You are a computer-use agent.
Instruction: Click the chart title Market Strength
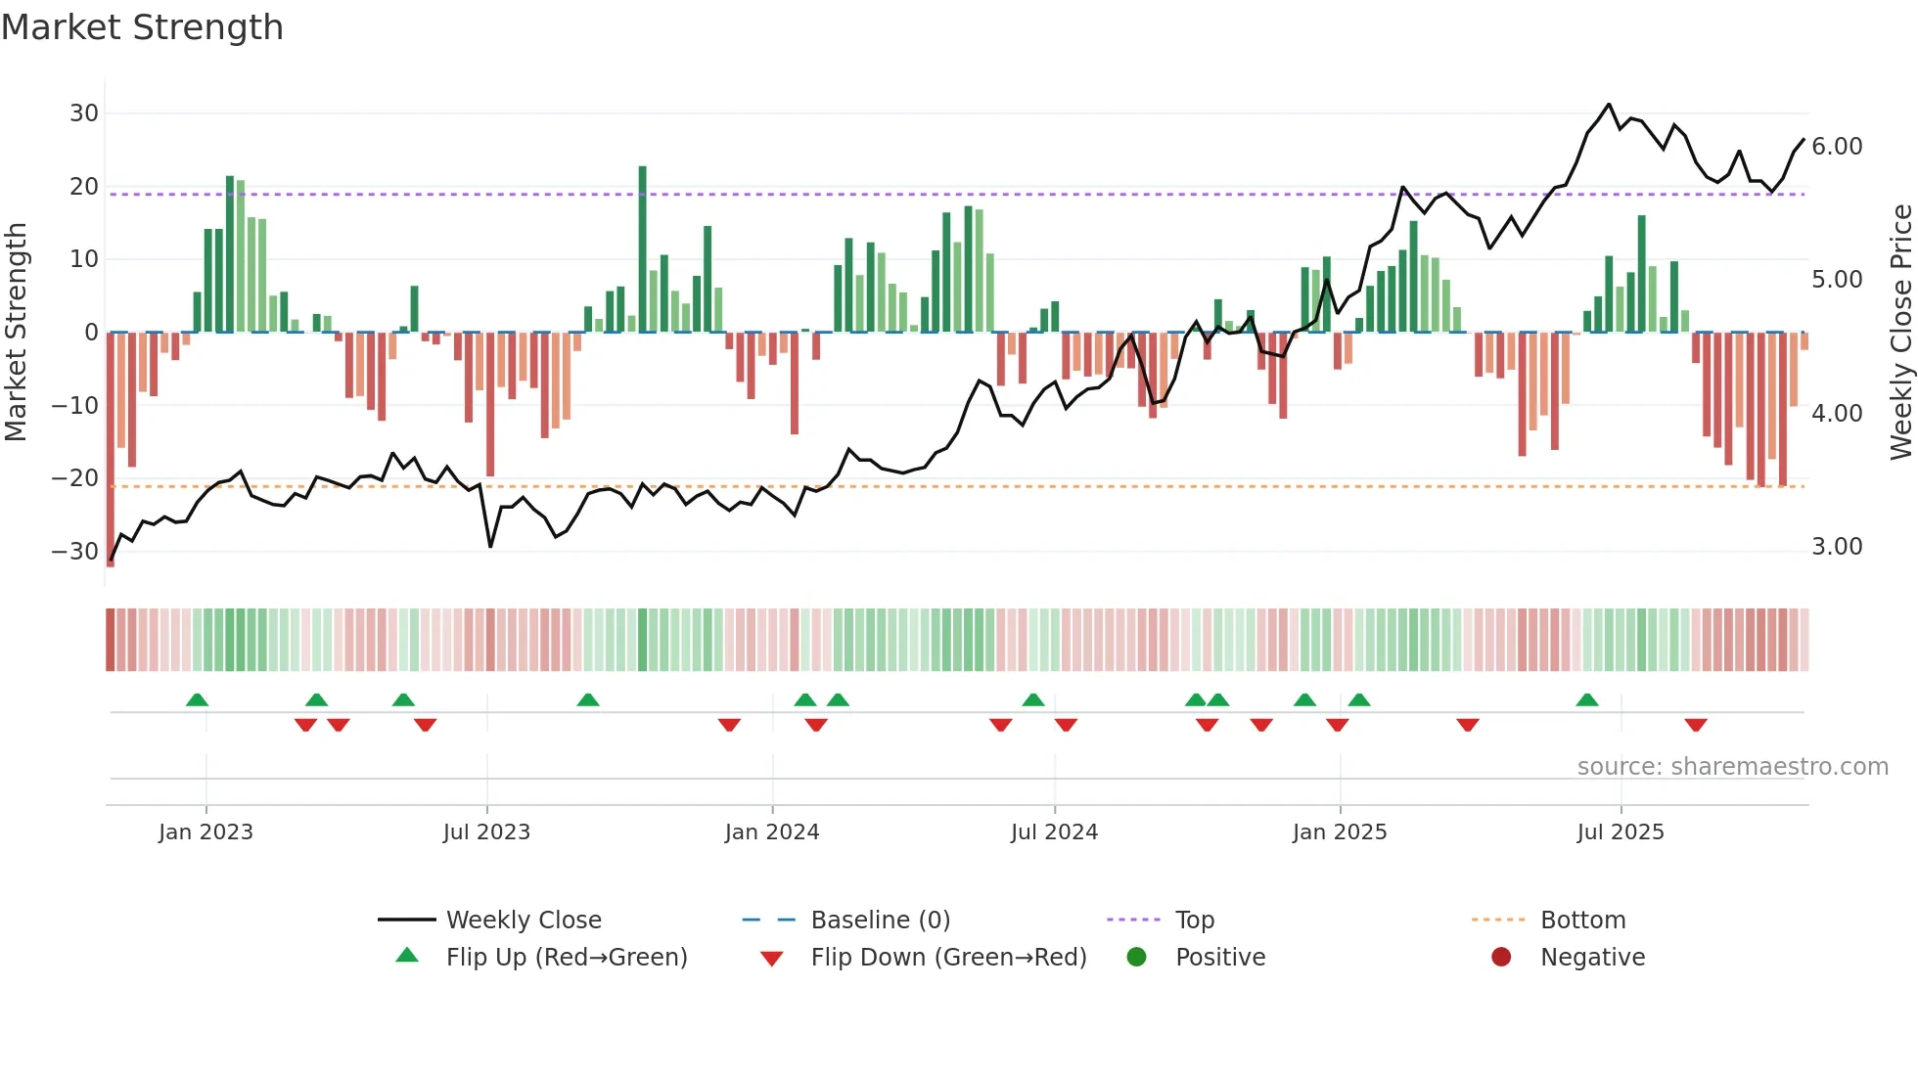[142, 27]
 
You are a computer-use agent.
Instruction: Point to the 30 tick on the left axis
[84, 113]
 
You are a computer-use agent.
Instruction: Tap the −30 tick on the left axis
[76, 552]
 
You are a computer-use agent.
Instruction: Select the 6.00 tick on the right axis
[1837, 147]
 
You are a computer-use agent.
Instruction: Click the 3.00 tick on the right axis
[1837, 547]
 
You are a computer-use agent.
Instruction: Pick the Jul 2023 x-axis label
[486, 832]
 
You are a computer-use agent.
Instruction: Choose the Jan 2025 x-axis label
[1339, 832]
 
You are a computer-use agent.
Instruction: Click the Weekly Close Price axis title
[1900, 333]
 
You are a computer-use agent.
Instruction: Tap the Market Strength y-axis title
[17, 333]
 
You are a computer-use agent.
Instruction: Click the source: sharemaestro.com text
[1732, 767]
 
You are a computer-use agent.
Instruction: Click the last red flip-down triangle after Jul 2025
[1696, 725]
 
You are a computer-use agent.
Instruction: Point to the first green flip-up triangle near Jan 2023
[197, 699]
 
